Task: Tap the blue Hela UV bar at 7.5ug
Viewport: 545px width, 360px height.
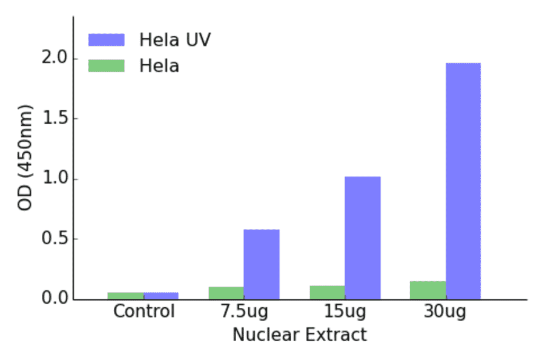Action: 262,264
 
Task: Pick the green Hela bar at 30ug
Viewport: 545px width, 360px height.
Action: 428,290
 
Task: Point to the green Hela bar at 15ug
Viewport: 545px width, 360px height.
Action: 327,293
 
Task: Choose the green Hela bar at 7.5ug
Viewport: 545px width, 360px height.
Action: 226,293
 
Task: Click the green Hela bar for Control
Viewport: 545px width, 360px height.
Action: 125,296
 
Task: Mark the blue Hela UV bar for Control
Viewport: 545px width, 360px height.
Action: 161,296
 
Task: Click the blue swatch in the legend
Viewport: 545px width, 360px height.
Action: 106,40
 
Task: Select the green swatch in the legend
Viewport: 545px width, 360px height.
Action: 106,65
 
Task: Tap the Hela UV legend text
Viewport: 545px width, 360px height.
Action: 175,40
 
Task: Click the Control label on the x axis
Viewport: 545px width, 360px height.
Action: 144,312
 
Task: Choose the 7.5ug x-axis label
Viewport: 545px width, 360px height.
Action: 243,313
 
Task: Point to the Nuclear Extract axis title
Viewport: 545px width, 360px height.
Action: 300,335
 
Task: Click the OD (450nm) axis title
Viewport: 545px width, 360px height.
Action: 25,158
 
